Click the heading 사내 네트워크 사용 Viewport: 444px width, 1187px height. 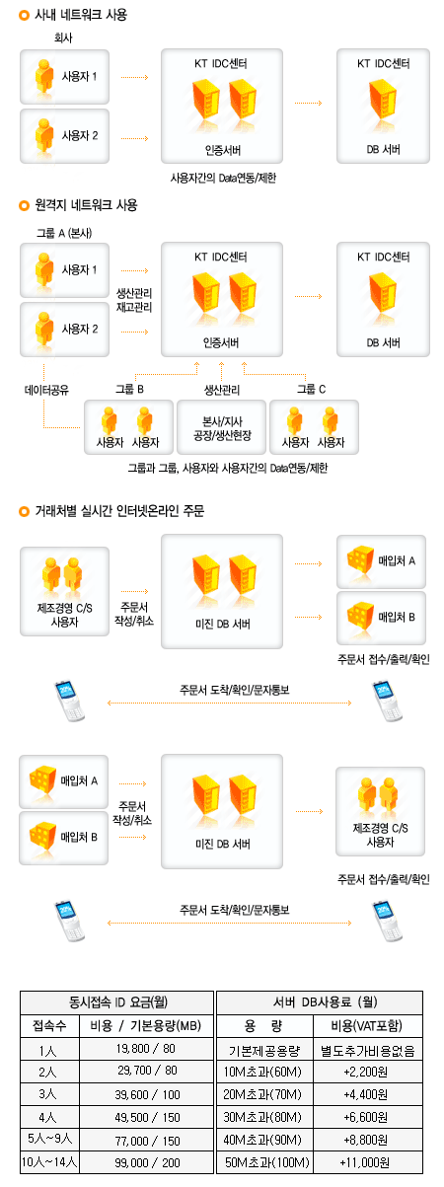[81, 15]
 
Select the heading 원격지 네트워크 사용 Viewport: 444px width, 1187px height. [87, 205]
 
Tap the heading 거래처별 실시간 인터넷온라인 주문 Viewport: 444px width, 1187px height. [119, 511]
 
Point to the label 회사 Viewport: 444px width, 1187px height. [63, 38]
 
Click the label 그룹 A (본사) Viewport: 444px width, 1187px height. [64, 233]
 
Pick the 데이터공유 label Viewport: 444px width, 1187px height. [46, 390]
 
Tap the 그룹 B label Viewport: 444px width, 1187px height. [130, 389]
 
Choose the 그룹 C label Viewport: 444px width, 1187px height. [311, 389]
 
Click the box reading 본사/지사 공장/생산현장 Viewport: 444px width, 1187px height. [222, 427]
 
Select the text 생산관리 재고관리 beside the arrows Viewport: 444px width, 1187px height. [134, 300]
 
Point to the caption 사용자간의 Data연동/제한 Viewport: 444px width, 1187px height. [223, 178]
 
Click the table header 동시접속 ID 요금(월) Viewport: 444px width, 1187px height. [117, 1002]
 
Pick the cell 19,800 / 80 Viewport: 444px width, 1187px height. [146, 1048]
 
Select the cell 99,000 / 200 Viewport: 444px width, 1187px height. [147, 1162]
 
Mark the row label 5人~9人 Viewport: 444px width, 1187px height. [49, 1140]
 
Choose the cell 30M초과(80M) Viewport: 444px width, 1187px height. [262, 1117]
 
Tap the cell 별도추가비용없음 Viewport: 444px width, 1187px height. [368, 1050]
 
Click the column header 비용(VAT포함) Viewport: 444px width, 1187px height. [367, 1025]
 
